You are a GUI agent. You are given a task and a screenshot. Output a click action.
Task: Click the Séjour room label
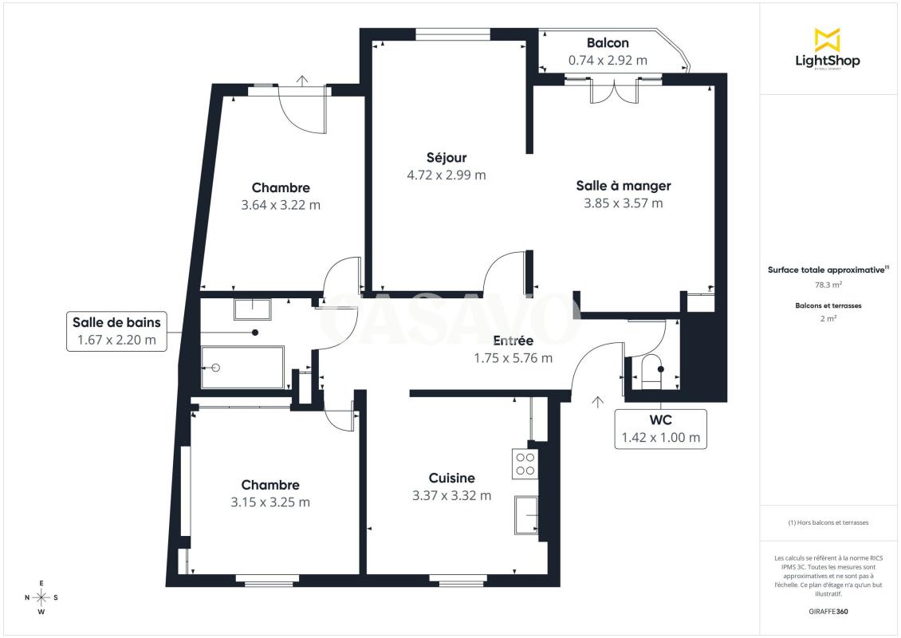pyautogui.click(x=447, y=157)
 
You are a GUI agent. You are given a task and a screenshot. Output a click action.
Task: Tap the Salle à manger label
pyautogui.click(x=624, y=186)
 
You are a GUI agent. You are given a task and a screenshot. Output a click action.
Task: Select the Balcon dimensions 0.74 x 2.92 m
pyautogui.click(x=608, y=61)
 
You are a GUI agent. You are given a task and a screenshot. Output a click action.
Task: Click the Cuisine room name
pyautogui.click(x=451, y=478)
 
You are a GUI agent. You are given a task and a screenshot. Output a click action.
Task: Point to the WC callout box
pyautogui.click(x=661, y=429)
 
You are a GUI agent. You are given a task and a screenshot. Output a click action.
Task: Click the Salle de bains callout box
pyautogui.click(x=116, y=331)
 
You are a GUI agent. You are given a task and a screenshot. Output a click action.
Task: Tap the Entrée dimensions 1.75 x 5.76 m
pyautogui.click(x=513, y=358)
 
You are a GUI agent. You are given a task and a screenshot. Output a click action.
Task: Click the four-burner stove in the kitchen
pyautogui.click(x=525, y=464)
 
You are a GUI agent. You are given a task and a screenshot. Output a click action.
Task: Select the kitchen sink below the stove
pyautogui.click(x=526, y=515)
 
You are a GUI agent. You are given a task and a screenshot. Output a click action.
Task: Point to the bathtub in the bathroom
pyautogui.click(x=242, y=367)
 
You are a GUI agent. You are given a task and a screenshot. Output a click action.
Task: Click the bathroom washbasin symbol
pyautogui.click(x=252, y=309)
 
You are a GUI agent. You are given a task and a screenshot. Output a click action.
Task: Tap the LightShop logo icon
pyautogui.click(x=828, y=39)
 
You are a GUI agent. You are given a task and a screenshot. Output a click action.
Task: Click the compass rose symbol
pyautogui.click(x=41, y=598)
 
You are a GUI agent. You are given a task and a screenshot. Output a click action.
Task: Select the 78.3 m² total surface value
pyautogui.click(x=828, y=285)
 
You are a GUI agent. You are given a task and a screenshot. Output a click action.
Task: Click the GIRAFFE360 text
pyautogui.click(x=828, y=612)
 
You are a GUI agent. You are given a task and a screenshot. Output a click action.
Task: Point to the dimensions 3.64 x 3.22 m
pyautogui.click(x=281, y=205)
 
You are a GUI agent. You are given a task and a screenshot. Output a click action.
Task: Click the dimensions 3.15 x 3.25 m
pyautogui.click(x=270, y=502)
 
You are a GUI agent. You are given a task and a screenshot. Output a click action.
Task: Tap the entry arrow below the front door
pyautogui.click(x=597, y=402)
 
